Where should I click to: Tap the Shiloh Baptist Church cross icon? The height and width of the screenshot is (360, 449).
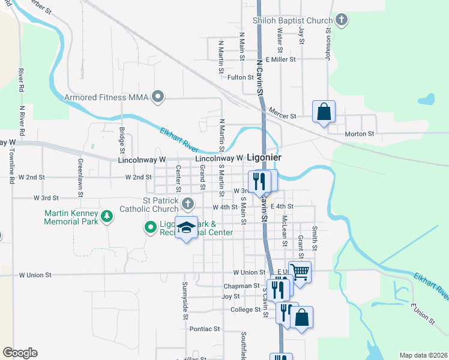(342, 20)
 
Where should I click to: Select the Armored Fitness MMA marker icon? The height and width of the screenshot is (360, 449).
(158, 97)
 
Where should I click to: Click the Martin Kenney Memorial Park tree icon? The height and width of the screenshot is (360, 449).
(107, 215)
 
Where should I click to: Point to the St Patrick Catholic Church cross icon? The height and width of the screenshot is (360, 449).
(188, 204)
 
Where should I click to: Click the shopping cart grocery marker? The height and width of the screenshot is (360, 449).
(300, 272)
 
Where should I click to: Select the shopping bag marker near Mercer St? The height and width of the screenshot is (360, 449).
(324, 112)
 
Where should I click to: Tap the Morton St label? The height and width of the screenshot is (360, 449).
(360, 134)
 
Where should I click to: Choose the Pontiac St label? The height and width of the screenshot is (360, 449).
(205, 329)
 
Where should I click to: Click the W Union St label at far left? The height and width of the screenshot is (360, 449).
(35, 275)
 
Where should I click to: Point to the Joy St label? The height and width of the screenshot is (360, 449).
(231, 296)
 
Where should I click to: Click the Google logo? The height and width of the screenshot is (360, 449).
(20, 353)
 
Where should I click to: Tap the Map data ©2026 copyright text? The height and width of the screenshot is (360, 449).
(423, 355)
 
